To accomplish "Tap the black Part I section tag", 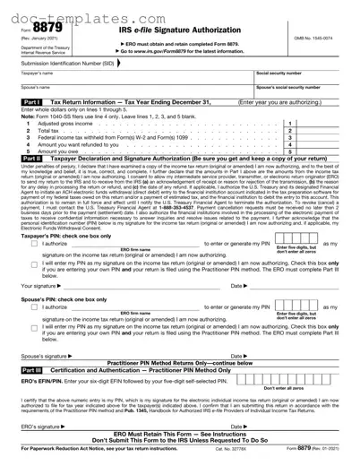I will pos(30,103).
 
